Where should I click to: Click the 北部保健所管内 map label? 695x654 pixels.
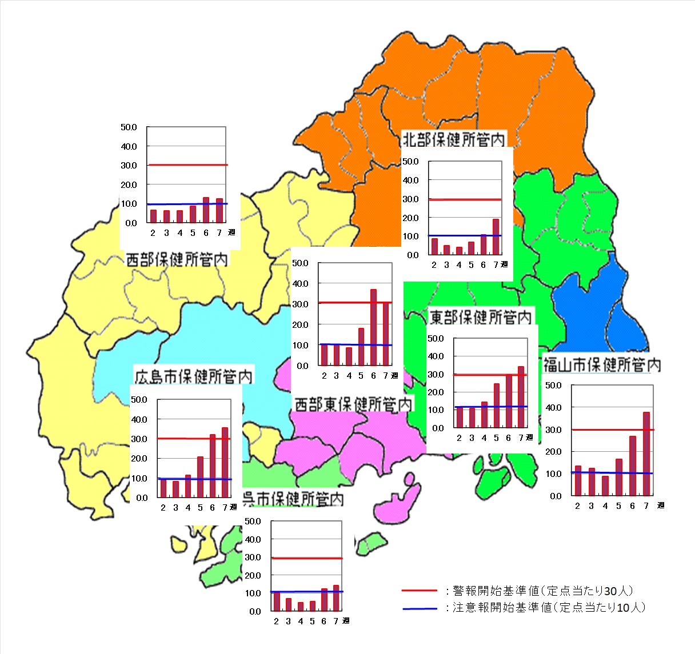(454, 139)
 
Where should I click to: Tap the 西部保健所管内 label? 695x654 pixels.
(177, 260)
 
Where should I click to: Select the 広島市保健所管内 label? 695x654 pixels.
(193, 376)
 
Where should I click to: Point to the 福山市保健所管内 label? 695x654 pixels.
(602, 364)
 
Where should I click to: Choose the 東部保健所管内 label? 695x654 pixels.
(480, 317)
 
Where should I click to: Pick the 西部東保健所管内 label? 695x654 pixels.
(353, 404)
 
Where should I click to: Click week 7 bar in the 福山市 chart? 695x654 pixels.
(646, 454)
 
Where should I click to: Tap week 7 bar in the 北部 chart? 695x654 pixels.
(496, 237)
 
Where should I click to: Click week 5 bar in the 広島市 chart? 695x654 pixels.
(200, 477)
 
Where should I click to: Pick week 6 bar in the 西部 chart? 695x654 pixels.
(206, 210)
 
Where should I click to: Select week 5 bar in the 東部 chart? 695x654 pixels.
(496, 406)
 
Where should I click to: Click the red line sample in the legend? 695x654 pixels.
(420, 591)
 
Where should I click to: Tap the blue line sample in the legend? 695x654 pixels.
(420, 608)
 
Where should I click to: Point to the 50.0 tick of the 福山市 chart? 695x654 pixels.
(553, 386)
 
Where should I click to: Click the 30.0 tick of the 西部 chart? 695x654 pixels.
(129, 166)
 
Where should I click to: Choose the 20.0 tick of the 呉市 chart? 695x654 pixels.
(252, 575)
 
